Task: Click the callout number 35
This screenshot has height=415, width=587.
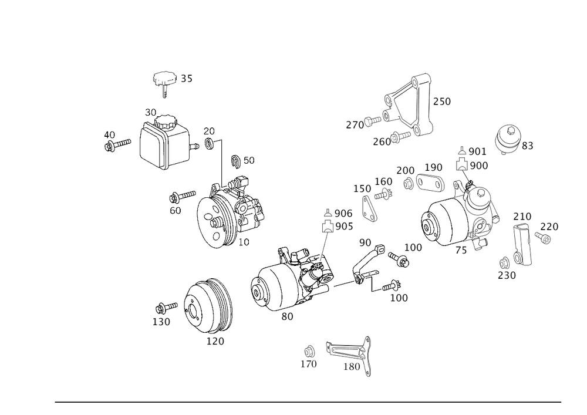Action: [x=187, y=79]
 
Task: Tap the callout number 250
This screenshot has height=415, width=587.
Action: [x=442, y=101]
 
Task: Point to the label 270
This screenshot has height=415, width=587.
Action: [x=354, y=125]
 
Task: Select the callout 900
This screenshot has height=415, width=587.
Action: [x=479, y=166]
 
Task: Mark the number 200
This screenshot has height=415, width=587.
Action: [x=405, y=170]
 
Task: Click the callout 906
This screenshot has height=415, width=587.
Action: [x=343, y=212]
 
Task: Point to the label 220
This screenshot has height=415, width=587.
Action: [x=549, y=227]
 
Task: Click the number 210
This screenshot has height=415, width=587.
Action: [x=522, y=217]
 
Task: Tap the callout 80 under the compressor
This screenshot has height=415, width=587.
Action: [x=287, y=316]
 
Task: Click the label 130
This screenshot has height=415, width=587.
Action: [x=161, y=322]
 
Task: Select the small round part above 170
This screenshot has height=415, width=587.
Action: [x=309, y=352]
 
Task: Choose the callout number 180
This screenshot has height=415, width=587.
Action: [x=352, y=366]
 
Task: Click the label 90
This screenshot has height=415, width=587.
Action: [x=365, y=242]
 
